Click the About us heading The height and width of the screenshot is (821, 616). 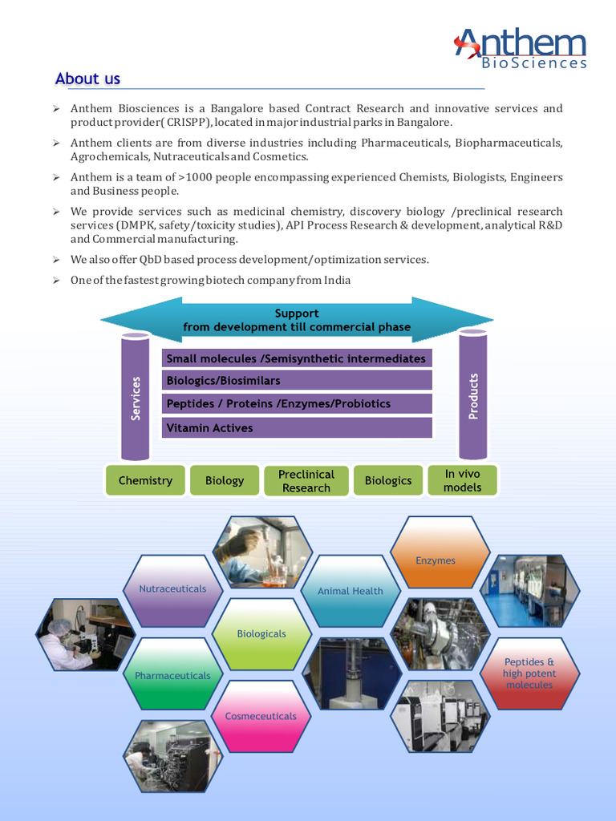pos(87,79)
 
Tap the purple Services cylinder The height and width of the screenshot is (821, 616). pos(136,396)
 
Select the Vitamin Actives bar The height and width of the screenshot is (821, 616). pos(297,428)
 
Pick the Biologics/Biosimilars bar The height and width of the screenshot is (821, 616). pos(297,380)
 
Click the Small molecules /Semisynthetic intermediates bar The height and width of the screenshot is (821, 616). pos(297,358)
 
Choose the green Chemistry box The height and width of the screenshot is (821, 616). pos(145,480)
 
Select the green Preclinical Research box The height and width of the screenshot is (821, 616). pos(306,481)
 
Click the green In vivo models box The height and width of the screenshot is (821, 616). pos(463,480)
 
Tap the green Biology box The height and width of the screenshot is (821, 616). pos(225,480)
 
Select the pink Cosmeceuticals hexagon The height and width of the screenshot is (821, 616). pos(261,715)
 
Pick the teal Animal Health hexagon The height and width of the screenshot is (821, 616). pos(351,591)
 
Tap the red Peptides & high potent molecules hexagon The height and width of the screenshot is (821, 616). pos(529,673)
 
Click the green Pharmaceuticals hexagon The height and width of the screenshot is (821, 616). pos(172,676)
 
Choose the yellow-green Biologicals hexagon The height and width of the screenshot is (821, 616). pos(261,634)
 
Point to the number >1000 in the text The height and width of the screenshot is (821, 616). pos(195,177)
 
